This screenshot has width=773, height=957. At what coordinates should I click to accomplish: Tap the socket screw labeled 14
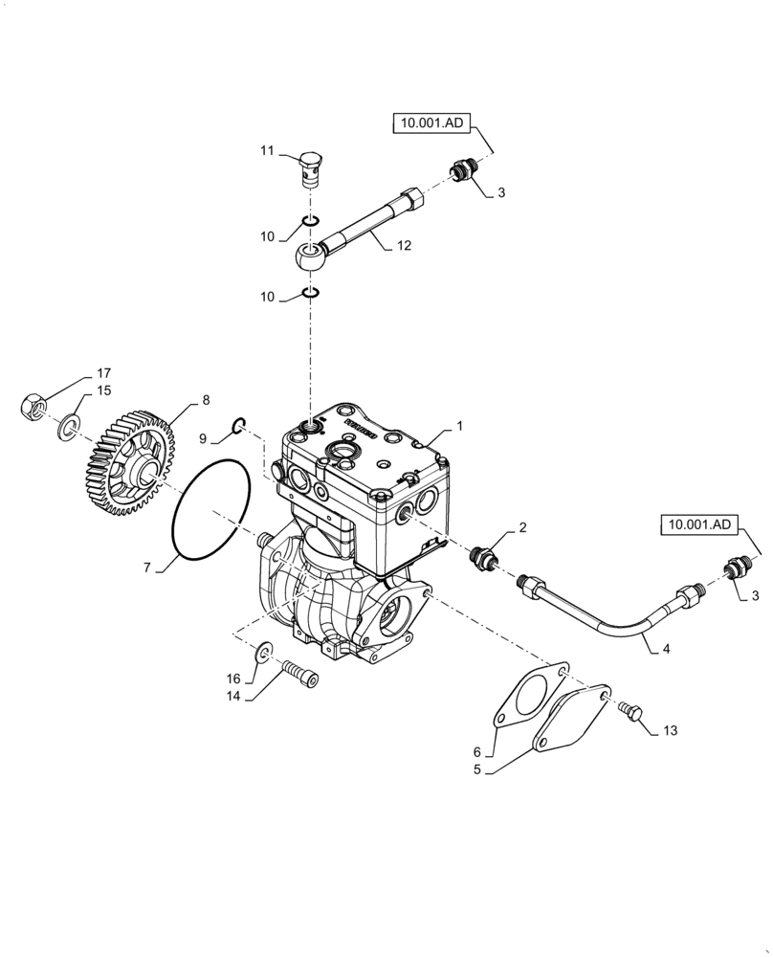click(298, 677)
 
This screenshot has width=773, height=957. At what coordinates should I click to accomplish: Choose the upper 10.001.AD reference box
click(432, 122)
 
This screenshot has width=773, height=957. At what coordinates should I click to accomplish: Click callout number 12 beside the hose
click(403, 246)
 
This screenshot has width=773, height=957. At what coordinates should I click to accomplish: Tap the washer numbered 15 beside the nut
click(68, 427)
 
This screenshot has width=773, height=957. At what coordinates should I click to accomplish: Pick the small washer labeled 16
click(262, 653)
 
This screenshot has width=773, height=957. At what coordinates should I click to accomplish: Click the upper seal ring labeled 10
click(308, 224)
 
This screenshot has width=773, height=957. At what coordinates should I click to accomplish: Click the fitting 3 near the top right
click(462, 173)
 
